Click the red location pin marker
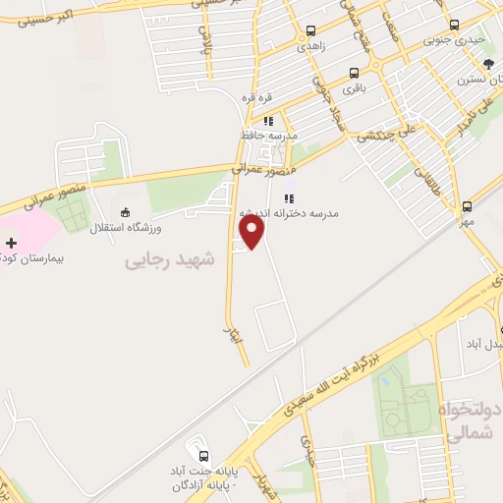point(253,231)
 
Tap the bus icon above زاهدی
point(311,31)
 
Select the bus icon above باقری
point(354,72)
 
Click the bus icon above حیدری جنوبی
point(453,27)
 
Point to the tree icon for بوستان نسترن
point(489,62)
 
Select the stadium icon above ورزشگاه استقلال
point(124,211)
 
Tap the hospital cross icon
point(11,242)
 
